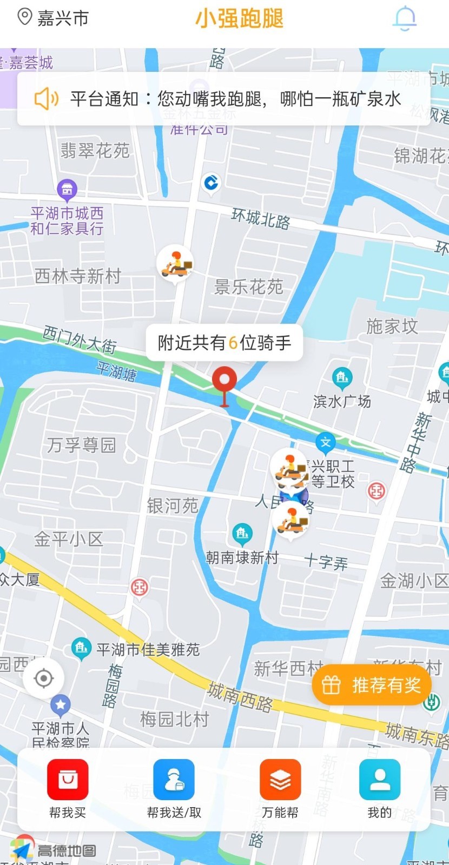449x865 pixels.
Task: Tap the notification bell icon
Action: (404, 18)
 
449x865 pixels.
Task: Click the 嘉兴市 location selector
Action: (53, 18)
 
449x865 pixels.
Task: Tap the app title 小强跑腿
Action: (239, 18)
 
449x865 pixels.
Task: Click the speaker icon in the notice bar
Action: (47, 99)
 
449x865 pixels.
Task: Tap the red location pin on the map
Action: (224, 382)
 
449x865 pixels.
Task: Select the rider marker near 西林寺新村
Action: (175, 263)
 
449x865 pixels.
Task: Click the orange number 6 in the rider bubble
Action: (233, 342)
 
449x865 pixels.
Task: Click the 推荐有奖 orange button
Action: (372, 685)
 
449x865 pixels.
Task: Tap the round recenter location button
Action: (43, 678)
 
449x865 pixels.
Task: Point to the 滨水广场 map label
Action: (342, 401)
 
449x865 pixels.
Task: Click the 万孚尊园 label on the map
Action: (81, 445)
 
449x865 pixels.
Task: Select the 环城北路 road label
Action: (261, 218)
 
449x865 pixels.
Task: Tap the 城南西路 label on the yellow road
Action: (240, 696)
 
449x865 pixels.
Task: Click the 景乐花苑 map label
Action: (249, 287)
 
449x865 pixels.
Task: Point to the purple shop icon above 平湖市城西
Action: (67, 189)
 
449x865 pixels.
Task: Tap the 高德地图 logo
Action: (54, 851)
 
